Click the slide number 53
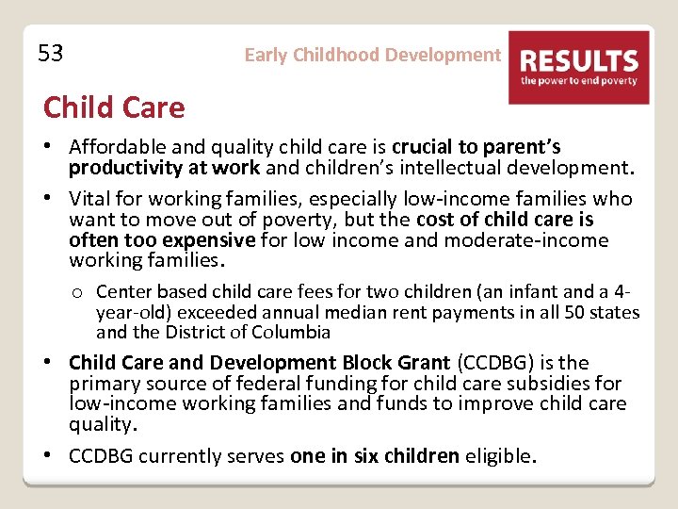[x=51, y=54]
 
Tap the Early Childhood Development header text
[x=372, y=55]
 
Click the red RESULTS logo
[x=578, y=67]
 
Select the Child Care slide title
[x=114, y=107]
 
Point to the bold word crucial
[x=422, y=147]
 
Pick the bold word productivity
[x=121, y=169]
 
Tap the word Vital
[x=90, y=199]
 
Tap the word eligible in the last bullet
[x=500, y=456]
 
